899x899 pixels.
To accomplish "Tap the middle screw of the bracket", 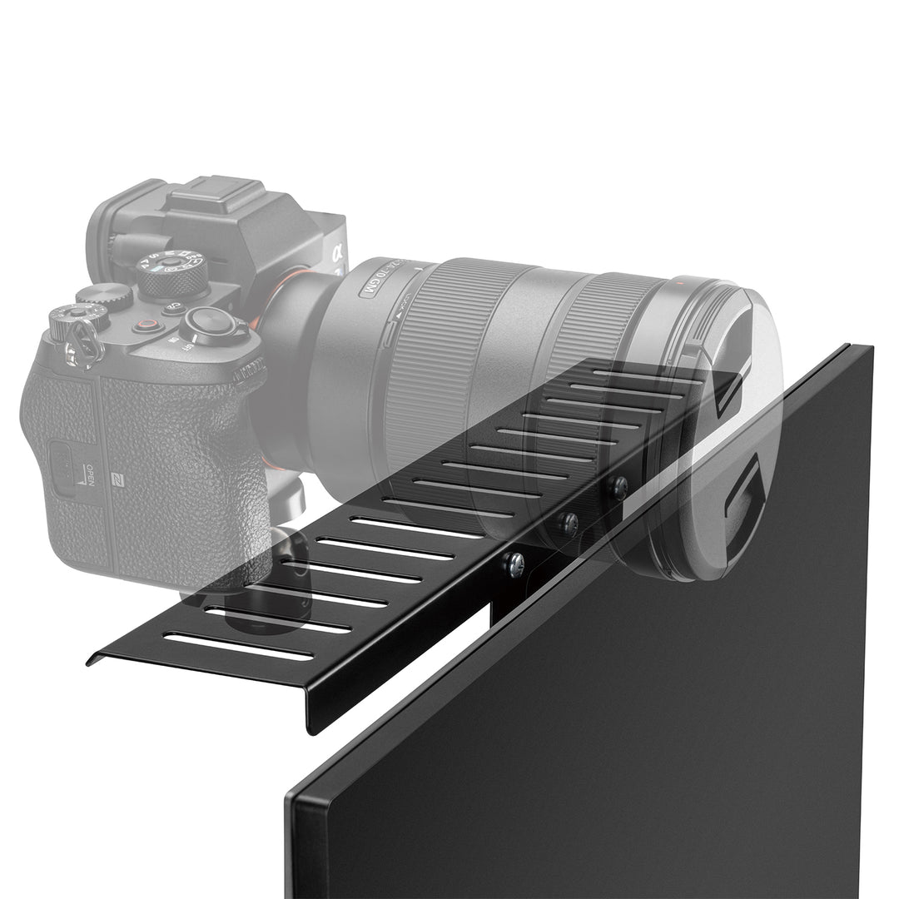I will [569, 524].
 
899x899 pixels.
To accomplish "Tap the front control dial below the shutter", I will [251, 370].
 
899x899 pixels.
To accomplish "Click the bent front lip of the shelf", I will [208, 691].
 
